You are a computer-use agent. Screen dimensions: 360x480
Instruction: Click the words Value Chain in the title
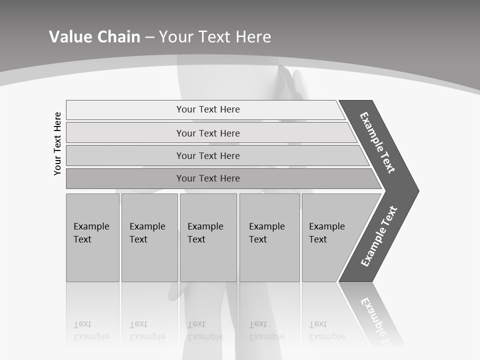[x=94, y=37]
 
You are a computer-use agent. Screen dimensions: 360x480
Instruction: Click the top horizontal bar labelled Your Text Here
[x=208, y=109]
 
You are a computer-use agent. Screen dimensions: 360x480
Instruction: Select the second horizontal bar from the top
[x=208, y=133]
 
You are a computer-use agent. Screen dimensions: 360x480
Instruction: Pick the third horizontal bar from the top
[x=208, y=155]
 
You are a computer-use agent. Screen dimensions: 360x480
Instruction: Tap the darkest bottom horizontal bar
[x=208, y=178]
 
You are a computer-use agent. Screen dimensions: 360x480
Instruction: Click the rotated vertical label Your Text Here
[x=57, y=143]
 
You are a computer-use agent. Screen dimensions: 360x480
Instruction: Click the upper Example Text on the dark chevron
[x=377, y=142]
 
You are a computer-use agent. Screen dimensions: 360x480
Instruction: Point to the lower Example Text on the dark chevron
[x=379, y=236]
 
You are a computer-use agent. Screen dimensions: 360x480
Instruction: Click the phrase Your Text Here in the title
[x=215, y=37]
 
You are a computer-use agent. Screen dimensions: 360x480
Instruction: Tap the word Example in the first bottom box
[x=91, y=226]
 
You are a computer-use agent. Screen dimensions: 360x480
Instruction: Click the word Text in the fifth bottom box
[x=317, y=239]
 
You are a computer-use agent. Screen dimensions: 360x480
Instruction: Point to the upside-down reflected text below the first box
[x=91, y=330]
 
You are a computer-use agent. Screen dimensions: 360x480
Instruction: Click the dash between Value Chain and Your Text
[x=149, y=37]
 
